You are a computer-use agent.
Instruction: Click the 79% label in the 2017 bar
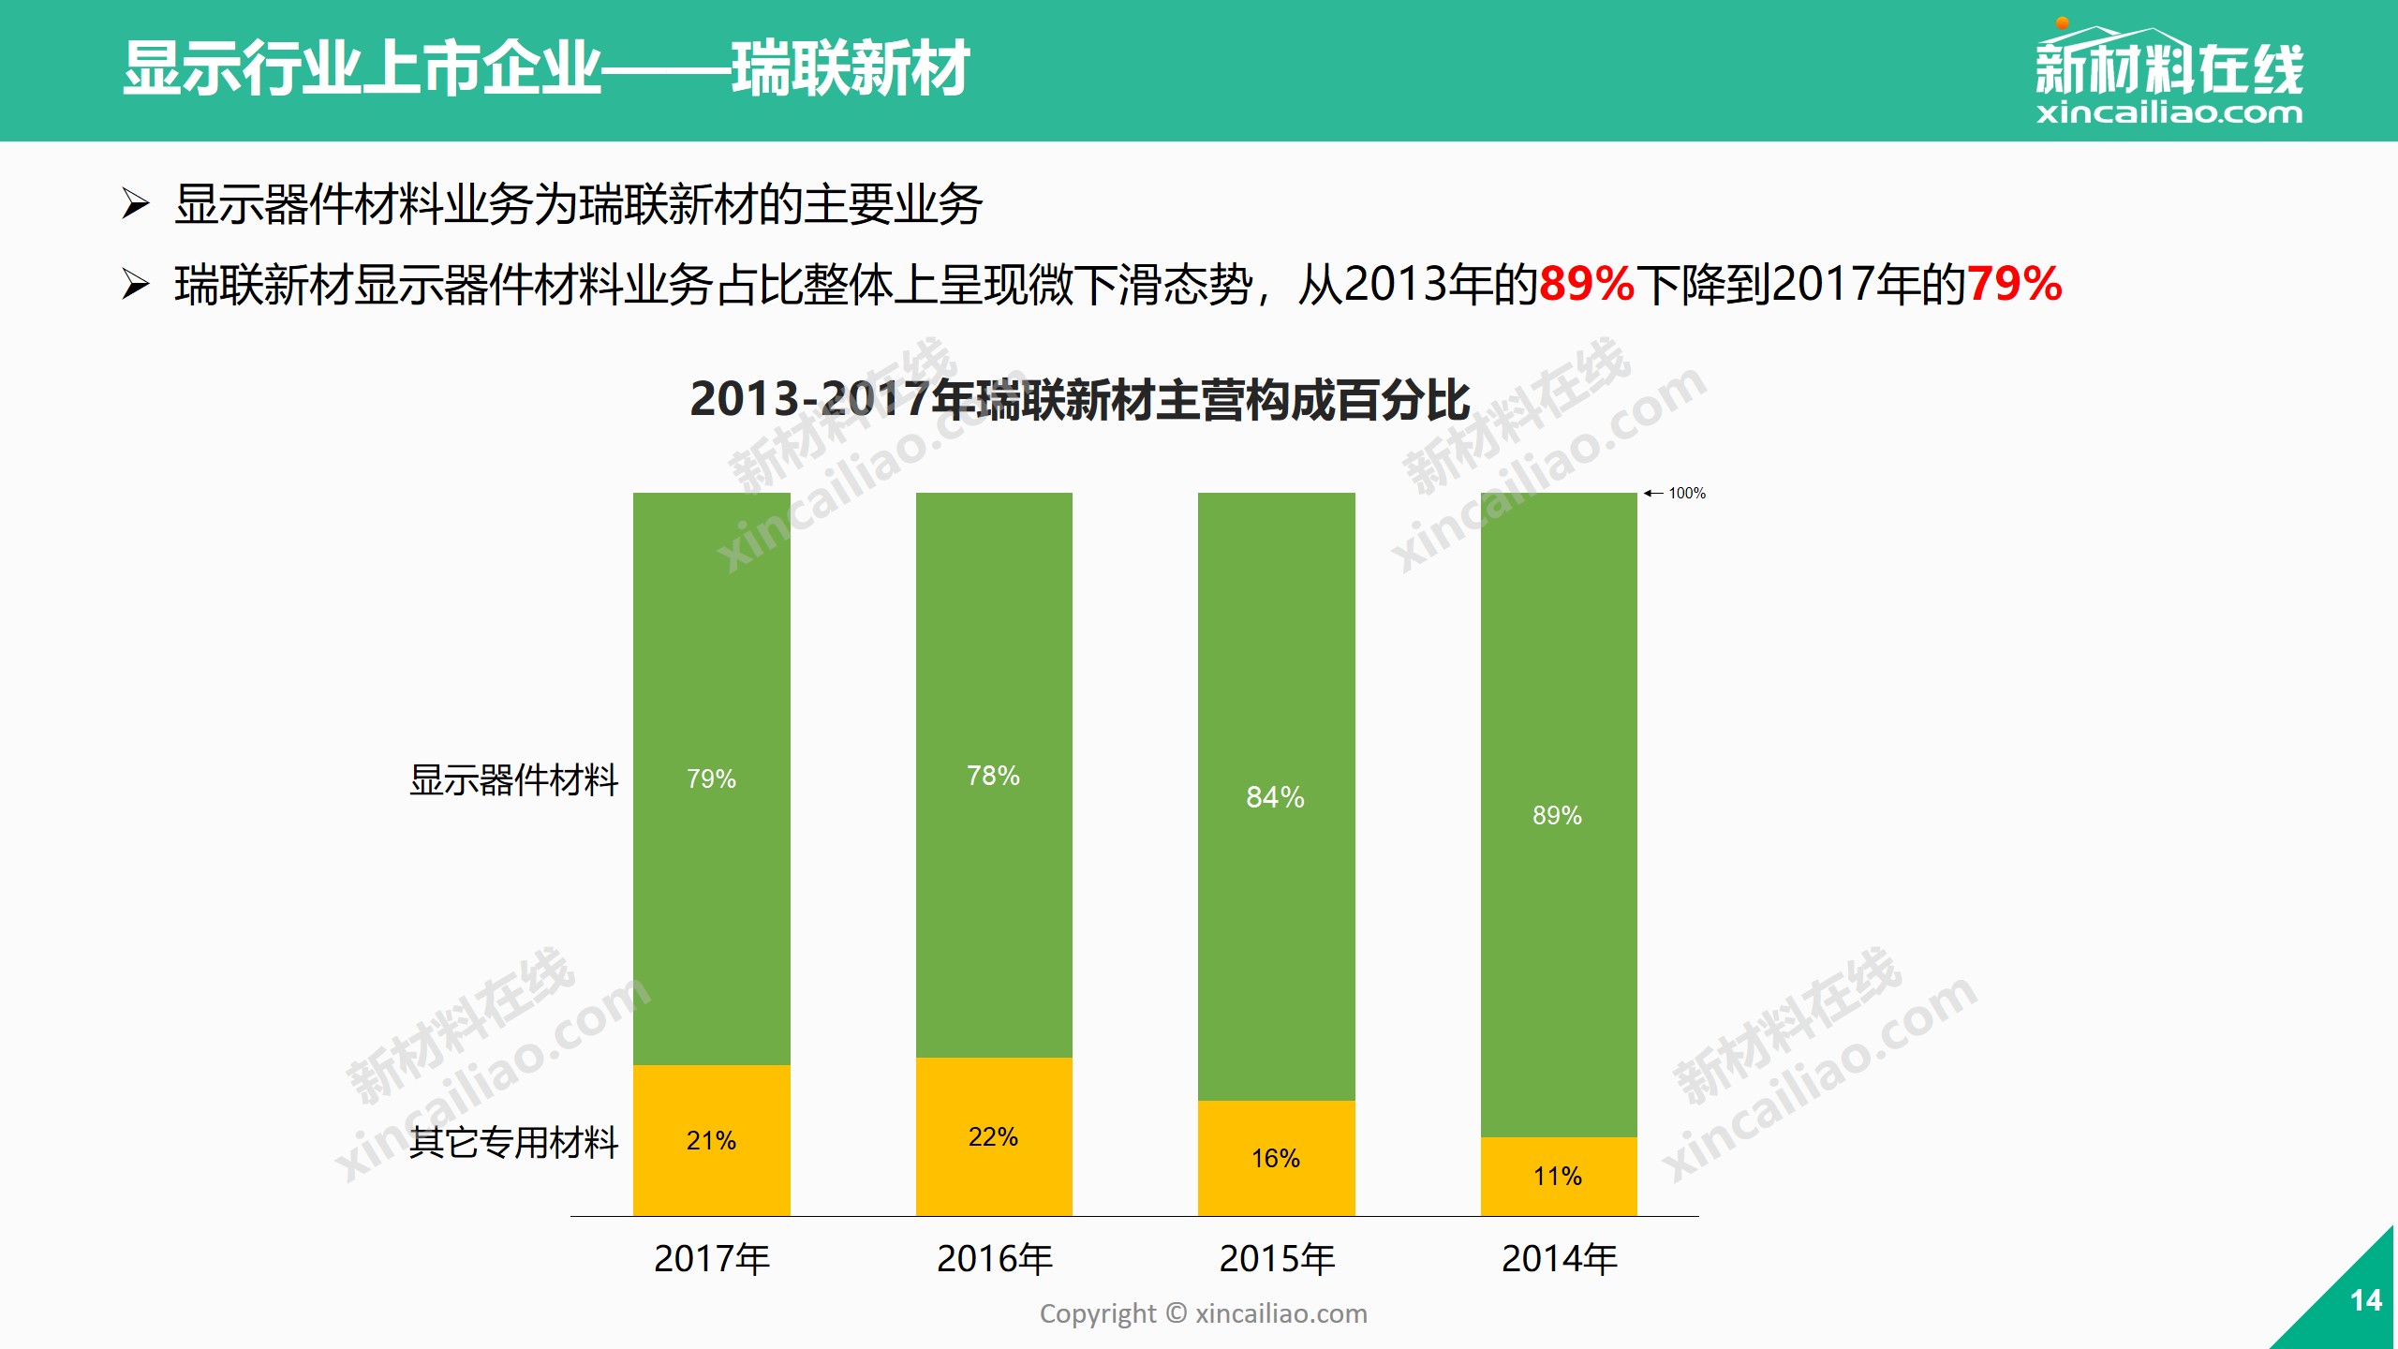click(x=711, y=778)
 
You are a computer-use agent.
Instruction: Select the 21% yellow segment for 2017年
click(x=711, y=1140)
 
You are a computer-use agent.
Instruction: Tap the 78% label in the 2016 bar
click(x=993, y=776)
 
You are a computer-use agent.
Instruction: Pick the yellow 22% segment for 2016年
click(x=993, y=1136)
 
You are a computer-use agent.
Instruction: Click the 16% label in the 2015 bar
click(x=1275, y=1159)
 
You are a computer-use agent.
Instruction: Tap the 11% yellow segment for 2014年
click(x=1557, y=1177)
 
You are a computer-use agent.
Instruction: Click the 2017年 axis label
click(x=712, y=1259)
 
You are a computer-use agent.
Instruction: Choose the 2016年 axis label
click(x=995, y=1259)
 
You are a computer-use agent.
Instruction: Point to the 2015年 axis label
click(x=1277, y=1259)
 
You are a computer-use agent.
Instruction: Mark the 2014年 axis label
click(x=1560, y=1259)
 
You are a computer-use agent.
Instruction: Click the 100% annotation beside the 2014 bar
click(x=1686, y=493)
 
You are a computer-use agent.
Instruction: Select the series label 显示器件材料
click(x=513, y=779)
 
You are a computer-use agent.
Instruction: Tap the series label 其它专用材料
click(x=513, y=1142)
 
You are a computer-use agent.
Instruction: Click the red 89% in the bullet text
click(x=1586, y=284)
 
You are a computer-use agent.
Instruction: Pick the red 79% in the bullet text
click(x=2014, y=284)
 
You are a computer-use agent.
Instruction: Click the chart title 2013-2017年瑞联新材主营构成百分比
click(x=1079, y=400)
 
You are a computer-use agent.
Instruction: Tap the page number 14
click(x=2366, y=1300)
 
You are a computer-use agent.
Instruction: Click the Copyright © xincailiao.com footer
click(x=1203, y=1313)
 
